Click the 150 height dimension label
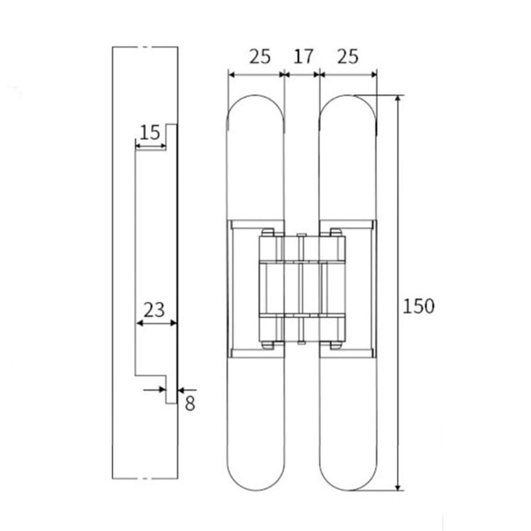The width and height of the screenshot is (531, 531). (x=419, y=306)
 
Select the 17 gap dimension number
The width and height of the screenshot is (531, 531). (x=303, y=56)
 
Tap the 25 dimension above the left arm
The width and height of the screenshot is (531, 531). (x=260, y=56)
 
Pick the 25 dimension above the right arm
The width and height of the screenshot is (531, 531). (x=348, y=56)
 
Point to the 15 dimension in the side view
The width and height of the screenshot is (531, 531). (x=151, y=132)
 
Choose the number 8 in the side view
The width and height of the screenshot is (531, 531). (x=190, y=404)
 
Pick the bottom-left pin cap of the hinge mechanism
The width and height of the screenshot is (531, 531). (x=267, y=344)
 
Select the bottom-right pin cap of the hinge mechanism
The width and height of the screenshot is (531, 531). (x=336, y=344)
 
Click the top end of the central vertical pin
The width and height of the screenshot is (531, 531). (x=302, y=234)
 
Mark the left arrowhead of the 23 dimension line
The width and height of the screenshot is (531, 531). (x=140, y=323)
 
